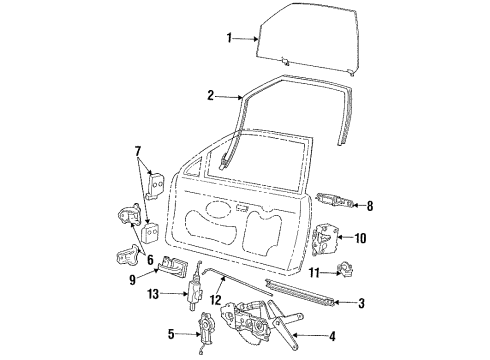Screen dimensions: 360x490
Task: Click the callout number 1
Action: tap(230, 38)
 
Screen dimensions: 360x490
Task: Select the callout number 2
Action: tap(211, 96)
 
